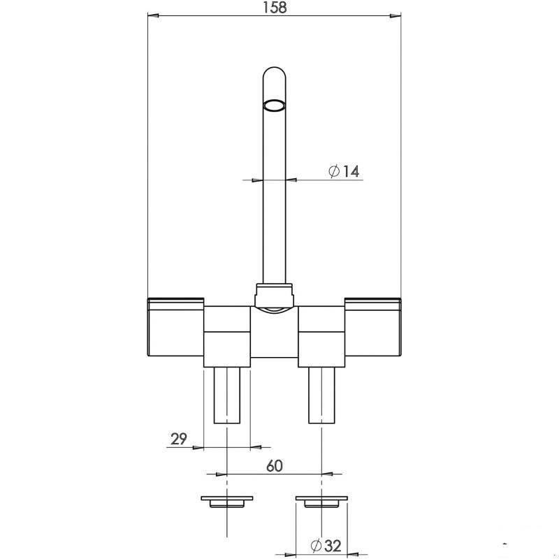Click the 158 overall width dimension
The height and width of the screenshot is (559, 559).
coord(275,8)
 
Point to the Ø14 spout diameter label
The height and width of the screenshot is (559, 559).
coord(344,171)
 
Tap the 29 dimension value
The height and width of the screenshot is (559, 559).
coord(179,439)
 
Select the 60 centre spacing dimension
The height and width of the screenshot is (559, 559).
coord(275,466)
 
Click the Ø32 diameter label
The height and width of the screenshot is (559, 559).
coord(326,546)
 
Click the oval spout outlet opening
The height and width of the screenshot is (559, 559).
coord(274,106)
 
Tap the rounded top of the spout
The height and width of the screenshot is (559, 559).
coord(274,73)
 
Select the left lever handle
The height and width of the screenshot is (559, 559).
coord(175,327)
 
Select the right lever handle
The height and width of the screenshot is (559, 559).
coord(373,327)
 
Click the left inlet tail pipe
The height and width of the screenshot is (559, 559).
coord(227,395)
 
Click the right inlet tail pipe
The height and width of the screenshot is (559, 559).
coord(321,395)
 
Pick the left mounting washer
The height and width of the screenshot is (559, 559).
coord(227,502)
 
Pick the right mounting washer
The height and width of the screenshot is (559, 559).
coord(321,502)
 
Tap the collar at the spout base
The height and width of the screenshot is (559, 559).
coord(274,295)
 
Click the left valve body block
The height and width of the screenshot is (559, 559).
coord(227,337)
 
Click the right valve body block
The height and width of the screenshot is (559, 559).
coord(321,337)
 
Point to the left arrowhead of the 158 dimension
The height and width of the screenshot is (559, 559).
coord(153,15)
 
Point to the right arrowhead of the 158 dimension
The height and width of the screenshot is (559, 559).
coord(395,15)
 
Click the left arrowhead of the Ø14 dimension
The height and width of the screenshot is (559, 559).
coord(257,180)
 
